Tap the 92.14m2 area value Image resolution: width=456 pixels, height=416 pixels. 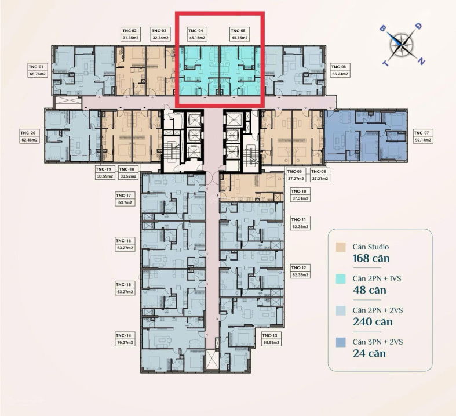pos(423,140)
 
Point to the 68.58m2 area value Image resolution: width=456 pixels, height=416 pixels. pos(271,343)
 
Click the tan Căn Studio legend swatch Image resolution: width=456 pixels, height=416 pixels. pos(341,247)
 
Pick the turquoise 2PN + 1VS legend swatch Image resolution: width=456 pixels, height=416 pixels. pos(341,279)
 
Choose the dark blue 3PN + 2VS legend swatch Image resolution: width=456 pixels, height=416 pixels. pos(341,342)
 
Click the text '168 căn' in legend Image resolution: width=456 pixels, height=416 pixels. pos(371,258)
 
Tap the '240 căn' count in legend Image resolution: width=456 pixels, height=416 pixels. pos(373,321)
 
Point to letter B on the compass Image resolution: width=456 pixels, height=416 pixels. pos(383,28)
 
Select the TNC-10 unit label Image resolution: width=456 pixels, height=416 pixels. pos(299,191)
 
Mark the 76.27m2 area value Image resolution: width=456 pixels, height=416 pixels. pos(125,343)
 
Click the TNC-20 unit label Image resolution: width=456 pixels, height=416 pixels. pos(28,133)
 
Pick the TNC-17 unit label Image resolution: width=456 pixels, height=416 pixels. pos(123,196)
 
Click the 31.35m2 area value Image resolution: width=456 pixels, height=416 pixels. pos(131,38)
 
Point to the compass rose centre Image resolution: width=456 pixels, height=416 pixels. pos(402,45)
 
